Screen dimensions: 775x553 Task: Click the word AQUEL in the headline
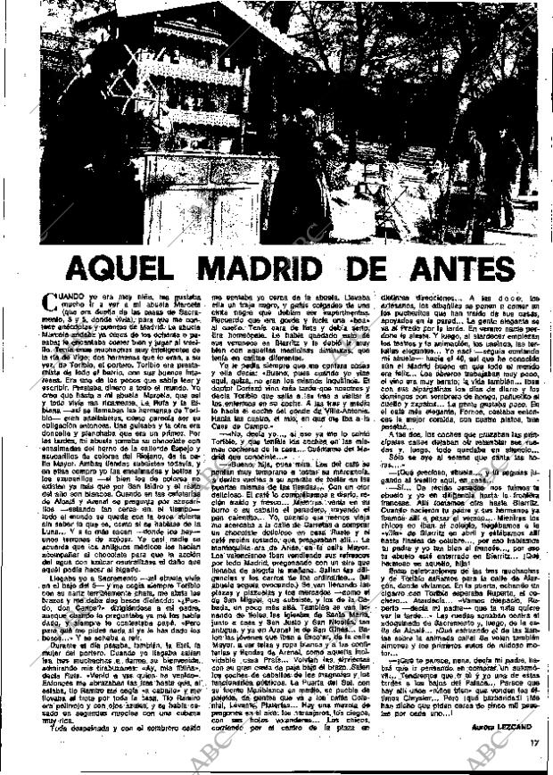click(133, 268)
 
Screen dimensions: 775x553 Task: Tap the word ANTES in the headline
click(457, 268)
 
